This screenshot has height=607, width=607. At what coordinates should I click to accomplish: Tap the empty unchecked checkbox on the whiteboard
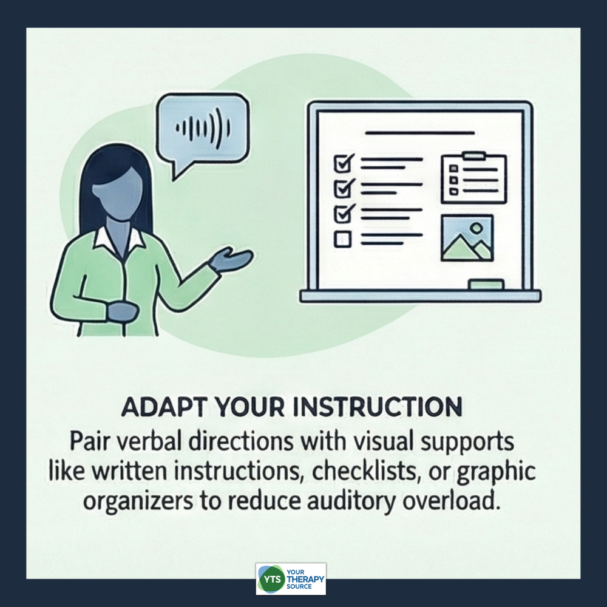click(x=342, y=239)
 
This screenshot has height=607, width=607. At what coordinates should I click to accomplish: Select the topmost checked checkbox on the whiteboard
click(x=344, y=163)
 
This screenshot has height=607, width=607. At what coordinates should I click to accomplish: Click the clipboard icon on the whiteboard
click(x=474, y=178)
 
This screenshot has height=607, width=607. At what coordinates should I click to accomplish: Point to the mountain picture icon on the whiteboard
click(x=467, y=238)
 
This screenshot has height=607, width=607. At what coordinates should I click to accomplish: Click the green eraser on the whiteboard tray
click(x=486, y=285)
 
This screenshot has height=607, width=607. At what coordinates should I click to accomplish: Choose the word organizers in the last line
click(x=138, y=501)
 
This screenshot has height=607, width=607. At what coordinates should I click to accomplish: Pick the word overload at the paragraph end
click(x=452, y=500)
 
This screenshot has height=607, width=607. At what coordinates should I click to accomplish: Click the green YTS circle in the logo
click(x=272, y=579)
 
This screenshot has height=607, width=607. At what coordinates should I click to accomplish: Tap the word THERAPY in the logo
click(x=305, y=579)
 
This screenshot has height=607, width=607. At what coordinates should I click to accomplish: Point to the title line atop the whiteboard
click(x=420, y=133)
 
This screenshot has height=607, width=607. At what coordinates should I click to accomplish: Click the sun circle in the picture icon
click(x=476, y=228)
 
